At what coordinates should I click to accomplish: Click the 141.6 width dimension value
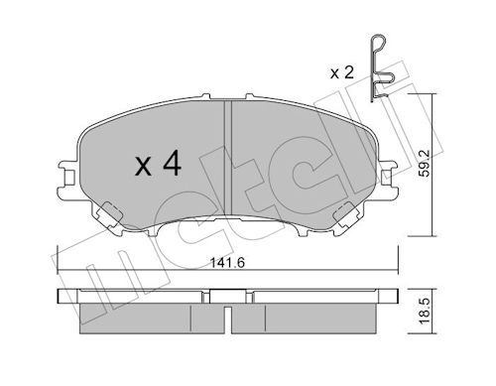pyautogui.click(x=227, y=263)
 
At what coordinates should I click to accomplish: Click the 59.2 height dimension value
pyautogui.click(x=425, y=163)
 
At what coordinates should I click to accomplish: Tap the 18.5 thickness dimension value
pyautogui.click(x=425, y=311)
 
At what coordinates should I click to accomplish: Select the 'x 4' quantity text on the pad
pyautogui.click(x=158, y=164)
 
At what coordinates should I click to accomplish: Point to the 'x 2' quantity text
pyautogui.click(x=342, y=72)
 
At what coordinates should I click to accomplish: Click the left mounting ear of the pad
pyautogui.click(x=68, y=179)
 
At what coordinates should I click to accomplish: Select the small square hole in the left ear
pyautogui.click(x=68, y=179)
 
